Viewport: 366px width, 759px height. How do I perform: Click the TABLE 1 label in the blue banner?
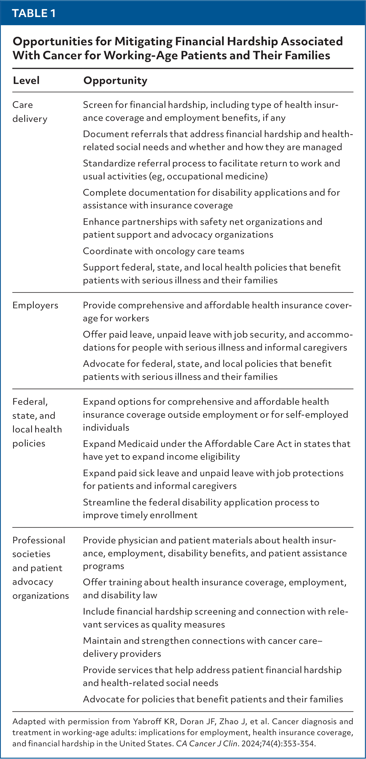(x=34, y=13)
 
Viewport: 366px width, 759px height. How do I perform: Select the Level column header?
(x=26, y=80)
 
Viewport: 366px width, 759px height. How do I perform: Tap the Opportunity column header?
(x=115, y=80)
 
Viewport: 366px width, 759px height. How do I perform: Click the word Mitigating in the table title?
(x=143, y=41)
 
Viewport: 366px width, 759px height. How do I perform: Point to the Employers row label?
(x=35, y=305)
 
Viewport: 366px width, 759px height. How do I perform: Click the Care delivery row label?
(x=30, y=112)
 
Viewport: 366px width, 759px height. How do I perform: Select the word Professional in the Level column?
(x=39, y=540)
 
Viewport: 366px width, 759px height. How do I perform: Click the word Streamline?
(x=104, y=502)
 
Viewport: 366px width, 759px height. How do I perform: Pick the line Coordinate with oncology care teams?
(x=163, y=251)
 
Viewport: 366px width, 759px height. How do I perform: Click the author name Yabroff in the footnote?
(x=147, y=721)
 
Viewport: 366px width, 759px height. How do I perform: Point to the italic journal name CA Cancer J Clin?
(x=206, y=744)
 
